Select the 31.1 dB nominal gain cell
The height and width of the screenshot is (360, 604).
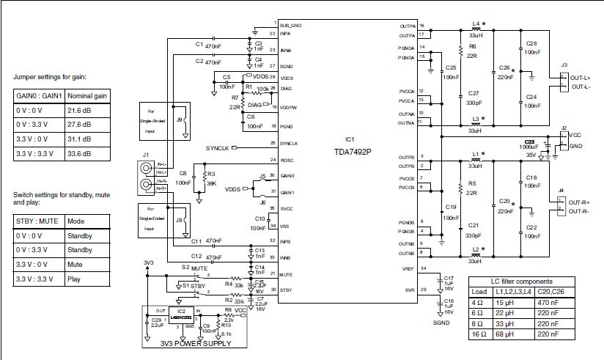tap(79, 139)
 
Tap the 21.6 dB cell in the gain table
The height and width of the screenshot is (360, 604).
tap(79, 109)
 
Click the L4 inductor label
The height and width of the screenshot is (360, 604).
tap(477, 24)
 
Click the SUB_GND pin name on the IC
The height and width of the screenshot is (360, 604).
tap(291, 24)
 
